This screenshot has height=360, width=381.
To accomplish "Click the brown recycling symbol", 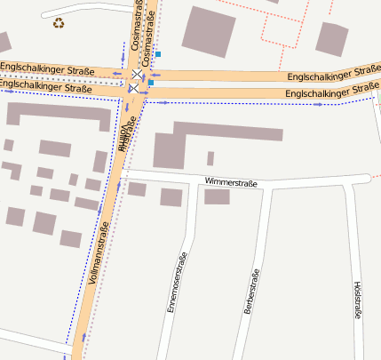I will (59, 23).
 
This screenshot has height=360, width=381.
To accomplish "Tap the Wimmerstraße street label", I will (230, 183).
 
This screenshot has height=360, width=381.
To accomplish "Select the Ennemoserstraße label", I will (178, 282).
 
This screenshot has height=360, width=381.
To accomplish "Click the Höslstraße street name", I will (358, 302).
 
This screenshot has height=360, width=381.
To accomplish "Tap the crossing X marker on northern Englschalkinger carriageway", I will (136, 73).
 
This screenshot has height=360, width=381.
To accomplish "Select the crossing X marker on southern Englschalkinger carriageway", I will (132, 89).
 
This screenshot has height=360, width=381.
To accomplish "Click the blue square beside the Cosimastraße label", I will (158, 54).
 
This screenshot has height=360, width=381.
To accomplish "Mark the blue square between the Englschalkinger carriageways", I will (151, 83).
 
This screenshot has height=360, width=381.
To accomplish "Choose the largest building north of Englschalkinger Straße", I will (209, 30).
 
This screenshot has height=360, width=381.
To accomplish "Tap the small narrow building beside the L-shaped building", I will (210, 158).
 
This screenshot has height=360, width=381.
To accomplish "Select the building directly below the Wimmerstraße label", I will (217, 196).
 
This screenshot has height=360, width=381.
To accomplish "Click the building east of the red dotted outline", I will (332, 38).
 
